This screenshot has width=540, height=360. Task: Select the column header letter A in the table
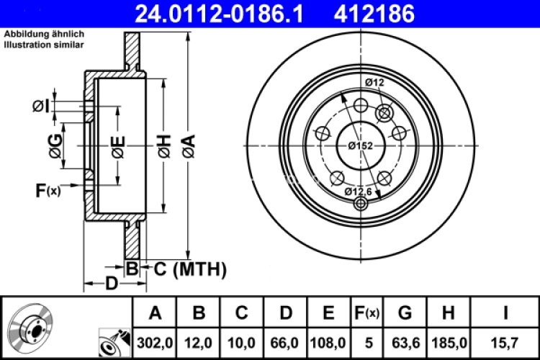point(154,313)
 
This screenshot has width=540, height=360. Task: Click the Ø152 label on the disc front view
point(360,145)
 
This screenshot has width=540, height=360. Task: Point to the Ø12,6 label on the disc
point(357,191)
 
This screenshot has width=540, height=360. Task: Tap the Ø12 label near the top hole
point(374,84)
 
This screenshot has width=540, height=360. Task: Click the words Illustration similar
point(43,45)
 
